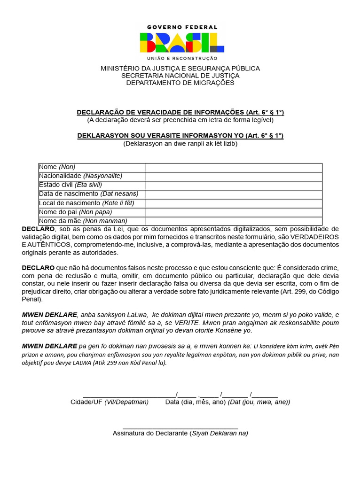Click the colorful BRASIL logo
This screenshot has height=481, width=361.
(x=181, y=43)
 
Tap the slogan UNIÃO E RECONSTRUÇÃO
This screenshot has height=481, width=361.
(x=182, y=58)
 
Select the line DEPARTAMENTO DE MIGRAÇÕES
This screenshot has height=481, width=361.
(x=180, y=83)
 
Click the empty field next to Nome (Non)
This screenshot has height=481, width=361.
(x=234, y=167)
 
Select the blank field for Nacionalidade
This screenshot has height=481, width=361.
(x=234, y=176)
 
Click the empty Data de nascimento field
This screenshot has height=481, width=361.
(x=234, y=194)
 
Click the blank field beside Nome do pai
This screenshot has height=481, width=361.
(x=234, y=212)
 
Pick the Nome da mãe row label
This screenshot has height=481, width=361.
(x=83, y=221)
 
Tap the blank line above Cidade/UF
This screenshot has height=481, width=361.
(x=129, y=394)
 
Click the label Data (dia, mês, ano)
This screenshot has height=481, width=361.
(x=196, y=402)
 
